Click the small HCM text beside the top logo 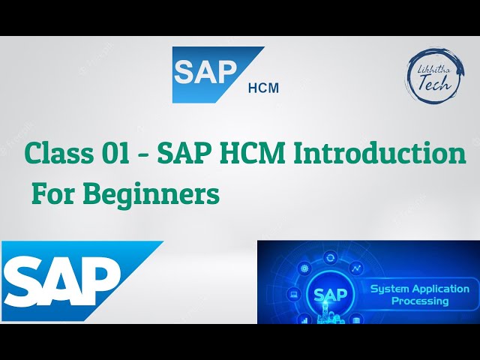click(x=262, y=88)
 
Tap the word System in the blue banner click(x=391, y=289)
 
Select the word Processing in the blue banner click(x=420, y=301)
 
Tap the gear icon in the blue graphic click(x=305, y=268)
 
